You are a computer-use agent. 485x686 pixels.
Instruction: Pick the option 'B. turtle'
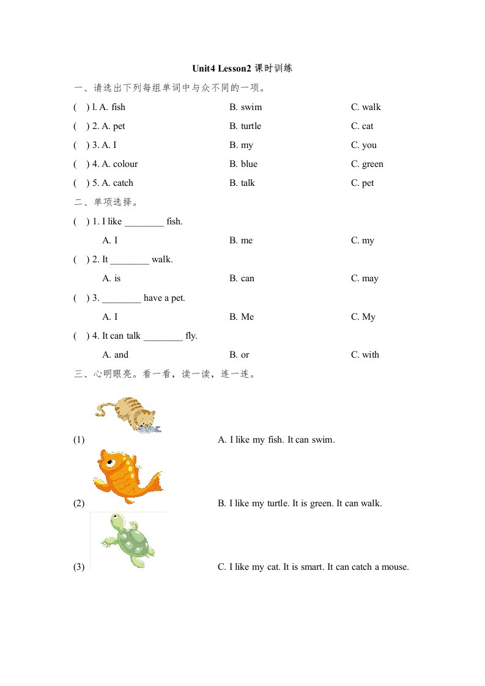pos(245,126)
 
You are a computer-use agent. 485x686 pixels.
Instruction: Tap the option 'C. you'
pos(364,145)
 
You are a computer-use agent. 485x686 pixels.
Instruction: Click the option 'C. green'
pos(367,164)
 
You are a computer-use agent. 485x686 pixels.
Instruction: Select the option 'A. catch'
pos(117,183)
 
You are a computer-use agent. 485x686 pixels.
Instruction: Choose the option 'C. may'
pos(365,278)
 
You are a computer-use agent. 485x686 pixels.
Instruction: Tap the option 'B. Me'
pos(242,317)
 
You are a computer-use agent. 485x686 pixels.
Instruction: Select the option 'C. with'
pos(365,355)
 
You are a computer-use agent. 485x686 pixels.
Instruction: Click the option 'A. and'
pos(116,355)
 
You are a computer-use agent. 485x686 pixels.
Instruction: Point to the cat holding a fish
pos(129,415)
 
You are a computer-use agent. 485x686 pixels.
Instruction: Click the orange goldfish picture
pos(127,477)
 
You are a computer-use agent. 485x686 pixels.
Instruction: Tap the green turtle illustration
pos(128,540)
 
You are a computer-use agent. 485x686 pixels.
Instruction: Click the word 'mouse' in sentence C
pos(394,567)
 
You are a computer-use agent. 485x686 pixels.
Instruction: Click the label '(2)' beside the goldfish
pos(79,503)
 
